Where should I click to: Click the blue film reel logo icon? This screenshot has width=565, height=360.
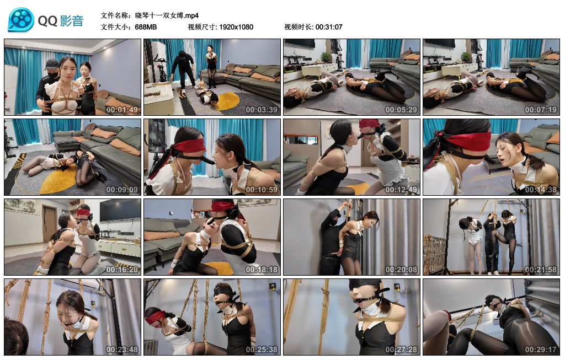coord(21,20)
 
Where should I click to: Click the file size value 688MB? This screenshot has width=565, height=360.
coord(146,27)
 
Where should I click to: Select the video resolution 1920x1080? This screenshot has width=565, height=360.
coord(236,27)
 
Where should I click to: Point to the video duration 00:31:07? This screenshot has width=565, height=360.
coord(329,27)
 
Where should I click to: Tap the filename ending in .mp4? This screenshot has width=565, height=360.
coord(167,15)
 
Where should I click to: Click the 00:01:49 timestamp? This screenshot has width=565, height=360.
coord(122,110)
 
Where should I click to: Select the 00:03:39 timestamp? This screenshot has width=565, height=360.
coord(262,110)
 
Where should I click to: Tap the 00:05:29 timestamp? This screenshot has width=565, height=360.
coord(401,110)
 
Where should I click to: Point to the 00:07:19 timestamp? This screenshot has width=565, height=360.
coord(541,110)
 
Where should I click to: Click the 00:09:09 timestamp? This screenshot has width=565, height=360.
coord(122,190)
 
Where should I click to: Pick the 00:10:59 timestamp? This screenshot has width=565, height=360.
coord(262,190)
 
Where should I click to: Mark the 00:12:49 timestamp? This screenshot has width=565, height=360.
coord(401,190)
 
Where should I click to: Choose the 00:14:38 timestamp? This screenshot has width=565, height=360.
coord(541,190)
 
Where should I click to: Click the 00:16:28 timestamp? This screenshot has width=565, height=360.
coord(122,270)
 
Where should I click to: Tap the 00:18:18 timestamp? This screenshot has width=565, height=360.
coord(262,270)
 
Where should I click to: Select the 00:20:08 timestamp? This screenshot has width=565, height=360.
coord(401,270)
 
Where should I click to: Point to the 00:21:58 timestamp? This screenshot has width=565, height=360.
coord(541,270)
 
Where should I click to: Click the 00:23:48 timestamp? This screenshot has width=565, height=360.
coord(122,350)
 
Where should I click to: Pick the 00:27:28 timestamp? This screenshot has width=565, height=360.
coord(401,350)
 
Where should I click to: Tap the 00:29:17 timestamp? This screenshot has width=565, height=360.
coord(541,350)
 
